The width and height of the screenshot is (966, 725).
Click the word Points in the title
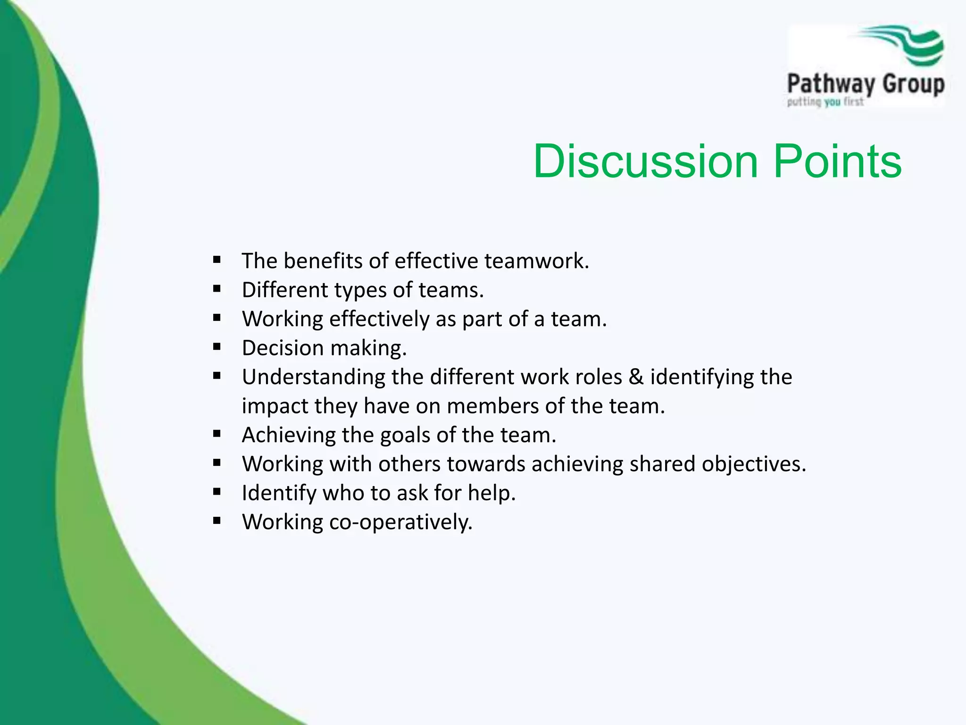837,161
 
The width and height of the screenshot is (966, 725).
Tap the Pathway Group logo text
866,85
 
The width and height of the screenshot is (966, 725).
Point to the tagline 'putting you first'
825,101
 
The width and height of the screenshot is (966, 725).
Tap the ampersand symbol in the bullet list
636,377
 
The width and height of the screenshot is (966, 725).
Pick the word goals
405,435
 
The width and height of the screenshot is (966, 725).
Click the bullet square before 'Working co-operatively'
217,521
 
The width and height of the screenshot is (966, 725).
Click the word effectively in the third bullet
379,319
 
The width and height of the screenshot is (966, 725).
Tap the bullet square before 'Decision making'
217,346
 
